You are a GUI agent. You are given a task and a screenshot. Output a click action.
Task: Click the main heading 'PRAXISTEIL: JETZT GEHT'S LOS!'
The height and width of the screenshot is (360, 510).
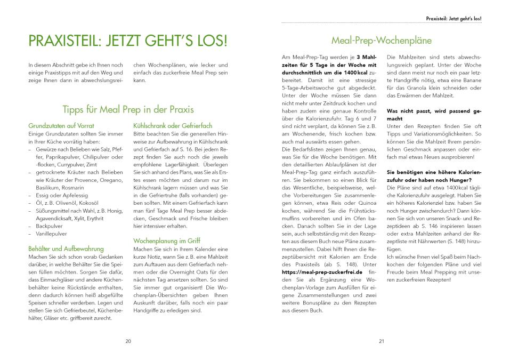[x=128, y=41]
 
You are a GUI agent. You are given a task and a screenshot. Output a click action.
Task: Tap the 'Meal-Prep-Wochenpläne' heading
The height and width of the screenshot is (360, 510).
[x=381, y=40]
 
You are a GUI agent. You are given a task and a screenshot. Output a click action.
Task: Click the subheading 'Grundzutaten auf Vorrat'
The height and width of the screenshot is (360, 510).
[x=60, y=125]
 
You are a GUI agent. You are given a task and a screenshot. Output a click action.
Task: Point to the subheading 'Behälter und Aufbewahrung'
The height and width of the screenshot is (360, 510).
[x=66, y=249]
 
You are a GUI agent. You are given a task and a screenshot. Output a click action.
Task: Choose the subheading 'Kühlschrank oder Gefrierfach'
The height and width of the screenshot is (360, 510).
[x=173, y=125]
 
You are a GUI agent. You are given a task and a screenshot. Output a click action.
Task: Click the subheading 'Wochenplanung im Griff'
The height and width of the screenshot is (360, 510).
[x=167, y=241]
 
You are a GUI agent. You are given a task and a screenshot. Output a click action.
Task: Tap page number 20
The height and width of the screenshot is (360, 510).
[x=128, y=341]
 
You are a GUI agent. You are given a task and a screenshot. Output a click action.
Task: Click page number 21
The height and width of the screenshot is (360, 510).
[x=382, y=341]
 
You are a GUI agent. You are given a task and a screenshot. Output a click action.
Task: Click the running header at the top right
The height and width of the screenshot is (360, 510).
[x=454, y=18]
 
